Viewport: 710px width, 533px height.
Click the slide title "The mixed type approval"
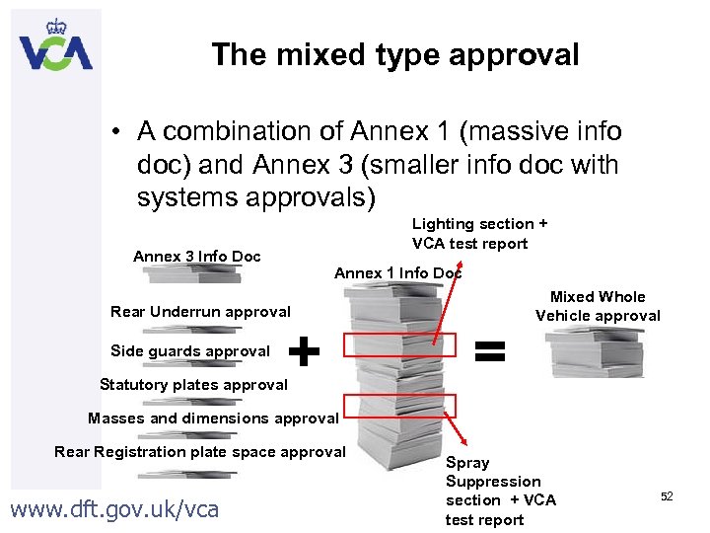coord(394,55)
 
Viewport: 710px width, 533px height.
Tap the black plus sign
coord(307,349)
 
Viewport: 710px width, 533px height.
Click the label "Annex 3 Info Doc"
coord(197,257)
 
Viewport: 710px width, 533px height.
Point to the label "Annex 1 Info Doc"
coord(397,273)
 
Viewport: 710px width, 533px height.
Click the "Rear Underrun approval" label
coord(200,312)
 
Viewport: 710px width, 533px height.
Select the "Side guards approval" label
coord(190,351)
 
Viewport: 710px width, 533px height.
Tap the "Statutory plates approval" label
coord(193,385)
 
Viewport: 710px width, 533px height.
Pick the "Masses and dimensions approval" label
coord(213,419)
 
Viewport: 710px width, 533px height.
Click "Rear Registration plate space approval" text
coord(200,452)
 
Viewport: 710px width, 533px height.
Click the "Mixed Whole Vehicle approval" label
coord(598,306)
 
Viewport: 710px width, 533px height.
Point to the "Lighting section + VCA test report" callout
coord(479,234)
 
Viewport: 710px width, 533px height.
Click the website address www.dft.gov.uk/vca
coord(113,509)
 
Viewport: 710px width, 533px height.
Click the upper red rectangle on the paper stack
coord(400,345)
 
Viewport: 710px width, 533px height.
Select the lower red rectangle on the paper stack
coord(400,406)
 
